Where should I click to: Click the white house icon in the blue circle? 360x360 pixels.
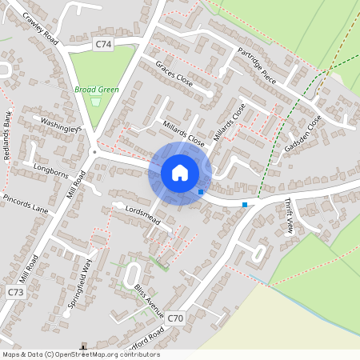click(x=180, y=173)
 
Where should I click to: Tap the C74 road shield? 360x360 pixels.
click(x=102, y=45)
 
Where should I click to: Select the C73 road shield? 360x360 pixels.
click(x=15, y=293)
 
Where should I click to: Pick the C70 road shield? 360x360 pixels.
click(x=176, y=318)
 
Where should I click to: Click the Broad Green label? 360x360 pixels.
click(x=97, y=90)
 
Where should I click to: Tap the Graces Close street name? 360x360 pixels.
click(x=174, y=74)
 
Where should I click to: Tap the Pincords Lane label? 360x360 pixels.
click(x=25, y=202)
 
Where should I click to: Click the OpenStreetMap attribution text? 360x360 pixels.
click(x=80, y=354)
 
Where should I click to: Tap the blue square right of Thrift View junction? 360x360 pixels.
click(x=245, y=205)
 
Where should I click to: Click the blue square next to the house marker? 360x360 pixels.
click(x=201, y=192)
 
